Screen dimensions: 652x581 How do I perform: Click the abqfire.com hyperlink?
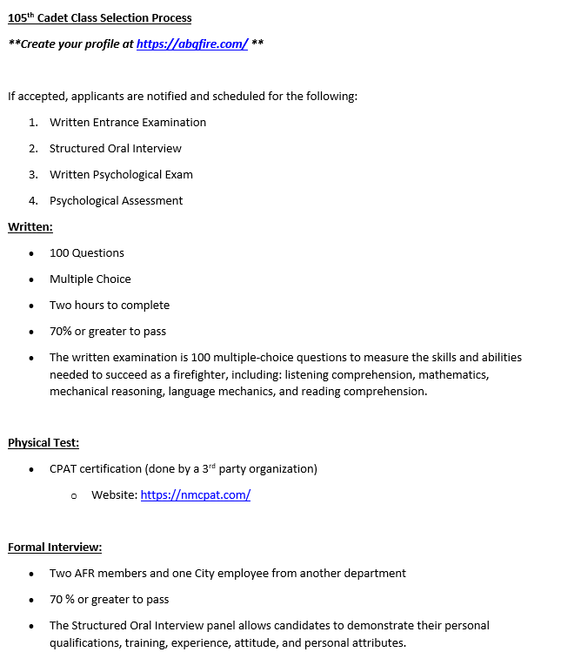point(192,44)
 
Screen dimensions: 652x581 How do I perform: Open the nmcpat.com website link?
point(196,495)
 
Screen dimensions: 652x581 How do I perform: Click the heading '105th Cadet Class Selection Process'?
point(100,18)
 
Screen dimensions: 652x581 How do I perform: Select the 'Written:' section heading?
point(30,227)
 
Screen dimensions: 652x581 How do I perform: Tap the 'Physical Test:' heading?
point(43,443)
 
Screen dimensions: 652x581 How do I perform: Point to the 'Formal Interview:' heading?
point(55,548)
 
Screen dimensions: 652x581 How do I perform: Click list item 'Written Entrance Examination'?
point(128,123)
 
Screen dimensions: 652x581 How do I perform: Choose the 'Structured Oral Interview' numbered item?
point(116,149)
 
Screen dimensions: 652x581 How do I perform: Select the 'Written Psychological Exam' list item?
point(121,175)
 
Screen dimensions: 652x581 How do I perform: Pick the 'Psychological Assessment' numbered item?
point(116,201)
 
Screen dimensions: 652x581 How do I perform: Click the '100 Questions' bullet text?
point(87,253)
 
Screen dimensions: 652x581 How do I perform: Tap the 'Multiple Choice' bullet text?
point(90,279)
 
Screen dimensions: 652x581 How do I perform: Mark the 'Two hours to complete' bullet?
point(110,306)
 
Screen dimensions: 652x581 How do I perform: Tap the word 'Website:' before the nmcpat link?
point(114,495)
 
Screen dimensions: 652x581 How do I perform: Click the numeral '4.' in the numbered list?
point(33,201)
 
